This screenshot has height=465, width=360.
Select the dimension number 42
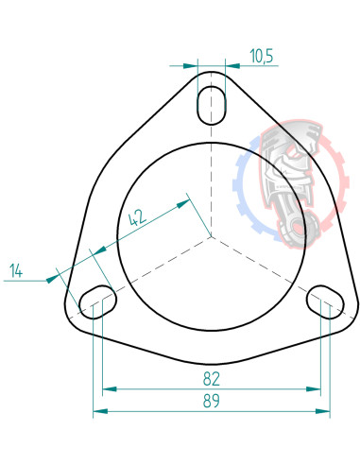coord(138,216)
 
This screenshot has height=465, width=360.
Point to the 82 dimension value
coord(211,379)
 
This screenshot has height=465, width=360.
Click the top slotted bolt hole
coord(212,102)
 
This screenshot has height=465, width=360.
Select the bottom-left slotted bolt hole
coord(97,301)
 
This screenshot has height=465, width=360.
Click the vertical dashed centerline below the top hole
coord(212,180)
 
